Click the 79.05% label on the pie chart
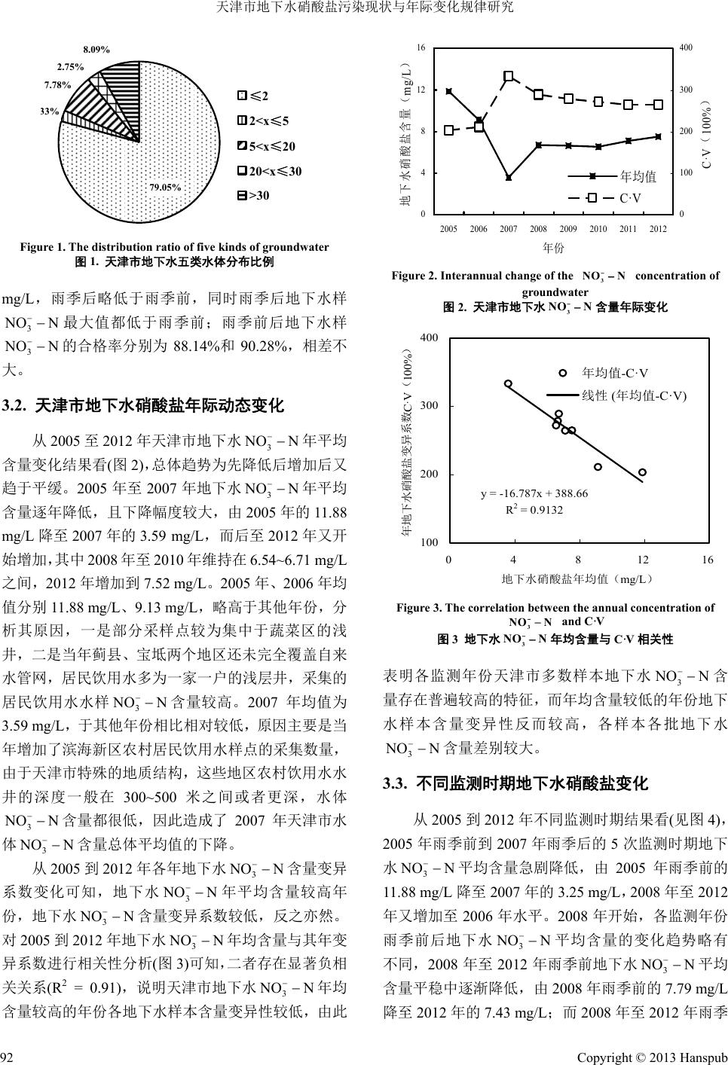pyautogui.click(x=165, y=187)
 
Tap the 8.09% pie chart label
pyautogui.click(x=96, y=50)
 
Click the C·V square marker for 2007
pyautogui.click(x=509, y=76)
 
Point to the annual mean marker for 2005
pyautogui.click(x=449, y=91)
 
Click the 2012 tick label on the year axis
pyautogui.click(x=657, y=228)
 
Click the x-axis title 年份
pyautogui.click(x=553, y=247)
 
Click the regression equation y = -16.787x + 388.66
pyautogui.click(x=534, y=493)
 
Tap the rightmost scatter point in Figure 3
pyautogui.click(x=642, y=472)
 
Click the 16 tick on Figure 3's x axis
pyautogui.click(x=707, y=560)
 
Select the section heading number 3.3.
pyautogui.click(x=396, y=783)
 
